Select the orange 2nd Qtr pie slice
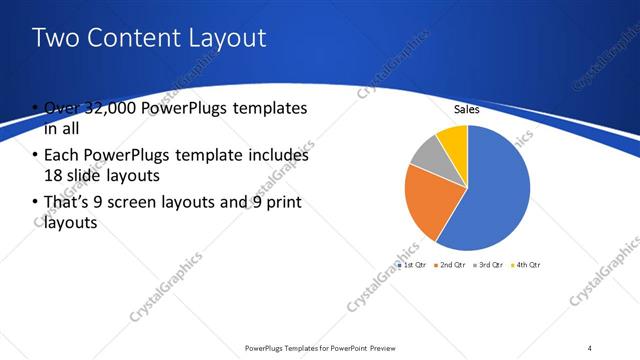pyautogui.click(x=423, y=199)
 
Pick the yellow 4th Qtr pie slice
pyautogui.click(x=453, y=137)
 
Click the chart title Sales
pyautogui.click(x=467, y=110)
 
